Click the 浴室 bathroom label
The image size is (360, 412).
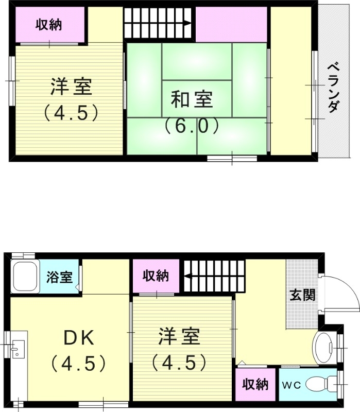(x=59, y=277)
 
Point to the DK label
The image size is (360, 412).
(x=78, y=338)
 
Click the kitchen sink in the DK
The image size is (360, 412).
(x=16, y=350)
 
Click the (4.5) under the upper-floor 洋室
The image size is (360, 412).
(x=71, y=112)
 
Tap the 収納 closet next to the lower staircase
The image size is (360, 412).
(x=156, y=276)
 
